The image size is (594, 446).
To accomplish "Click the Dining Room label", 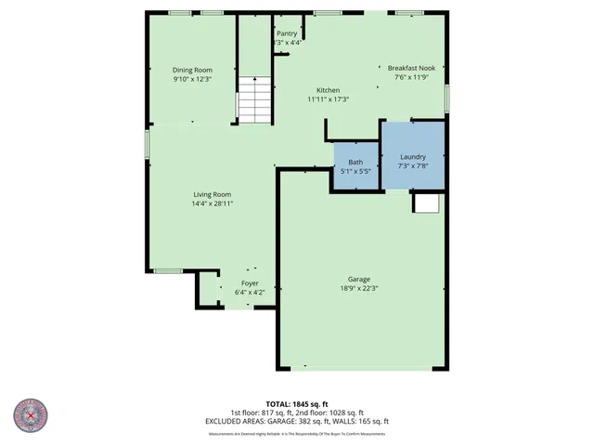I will point(192,70).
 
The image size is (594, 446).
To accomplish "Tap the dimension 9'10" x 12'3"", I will point(192,79).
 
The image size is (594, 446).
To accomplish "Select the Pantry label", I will point(287,33).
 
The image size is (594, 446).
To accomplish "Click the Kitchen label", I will point(328,90).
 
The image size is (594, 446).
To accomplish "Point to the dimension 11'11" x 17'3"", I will point(328,99).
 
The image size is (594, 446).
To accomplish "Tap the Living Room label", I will point(212,194).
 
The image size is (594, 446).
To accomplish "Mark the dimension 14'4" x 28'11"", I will point(212,203).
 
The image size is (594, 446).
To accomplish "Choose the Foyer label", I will point(250,282).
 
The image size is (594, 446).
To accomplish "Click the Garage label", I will point(359,279).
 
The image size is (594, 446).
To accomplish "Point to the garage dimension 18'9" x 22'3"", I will point(359,288).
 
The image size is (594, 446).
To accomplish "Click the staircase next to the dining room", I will point(253,100).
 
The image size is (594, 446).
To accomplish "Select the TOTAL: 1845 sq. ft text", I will point(296,404).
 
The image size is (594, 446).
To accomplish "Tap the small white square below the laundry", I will point(426,203).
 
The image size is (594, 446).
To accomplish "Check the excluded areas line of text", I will point(296,421).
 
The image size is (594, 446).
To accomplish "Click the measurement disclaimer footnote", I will point(296,434).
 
